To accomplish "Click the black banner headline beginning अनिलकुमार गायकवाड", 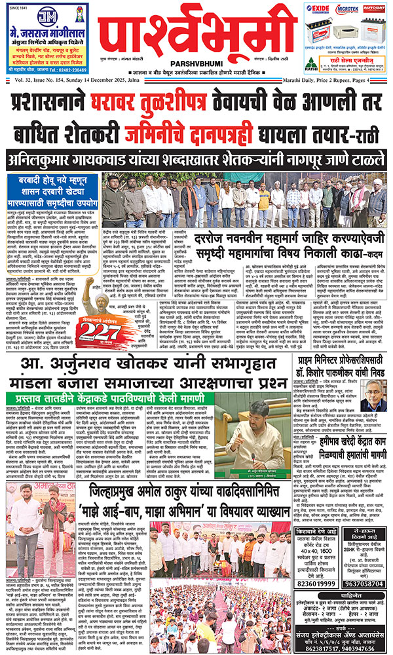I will (196, 160).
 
